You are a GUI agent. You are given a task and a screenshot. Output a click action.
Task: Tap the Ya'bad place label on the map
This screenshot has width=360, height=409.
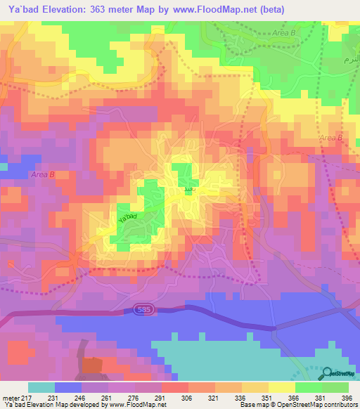click(x=127, y=220)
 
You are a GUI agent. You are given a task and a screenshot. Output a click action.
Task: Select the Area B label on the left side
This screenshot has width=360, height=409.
click(x=42, y=174)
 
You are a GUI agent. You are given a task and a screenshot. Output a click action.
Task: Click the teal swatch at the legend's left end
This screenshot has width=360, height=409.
click(x=41, y=388)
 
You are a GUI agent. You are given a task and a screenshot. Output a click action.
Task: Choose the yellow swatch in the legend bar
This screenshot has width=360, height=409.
click(x=282, y=388)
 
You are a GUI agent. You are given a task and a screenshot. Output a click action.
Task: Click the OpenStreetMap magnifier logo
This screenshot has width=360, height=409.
click(x=328, y=372)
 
